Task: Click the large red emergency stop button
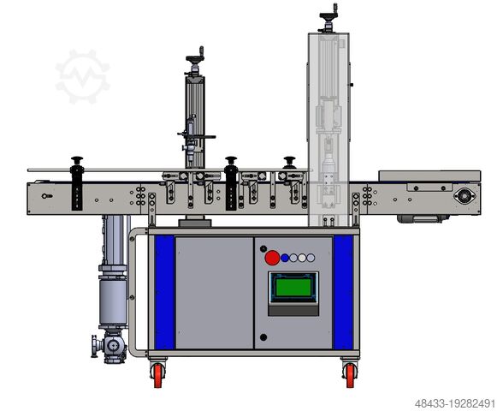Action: (x=272, y=258)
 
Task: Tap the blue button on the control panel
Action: (x=285, y=258)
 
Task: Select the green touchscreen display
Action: (x=293, y=287)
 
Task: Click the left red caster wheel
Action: (x=158, y=375)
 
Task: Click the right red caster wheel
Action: (x=350, y=375)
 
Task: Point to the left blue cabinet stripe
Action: (x=165, y=292)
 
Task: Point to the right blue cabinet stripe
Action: (x=343, y=292)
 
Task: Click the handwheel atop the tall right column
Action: (x=328, y=16)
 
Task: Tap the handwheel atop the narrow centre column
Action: (x=195, y=59)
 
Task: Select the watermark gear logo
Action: (x=82, y=76)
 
